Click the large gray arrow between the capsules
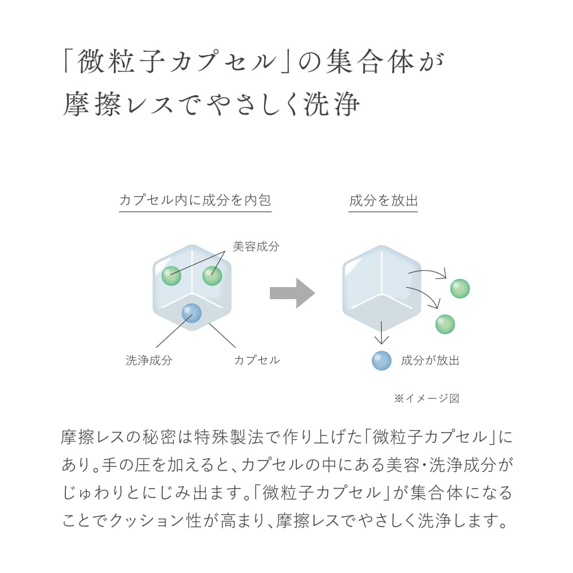point(292,293)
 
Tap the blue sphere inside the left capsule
point(191,313)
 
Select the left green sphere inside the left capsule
point(171,276)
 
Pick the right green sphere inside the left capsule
point(213,276)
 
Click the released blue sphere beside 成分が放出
point(382,360)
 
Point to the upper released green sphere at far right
point(460,289)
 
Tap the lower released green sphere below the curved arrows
point(445,324)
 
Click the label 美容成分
point(256,246)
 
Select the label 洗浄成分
point(149,360)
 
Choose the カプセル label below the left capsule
point(257,360)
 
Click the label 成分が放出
point(430,360)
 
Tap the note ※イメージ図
point(426,398)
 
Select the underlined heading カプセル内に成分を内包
point(195,200)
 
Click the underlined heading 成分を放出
point(383,200)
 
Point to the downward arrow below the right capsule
point(382,332)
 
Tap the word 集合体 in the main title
point(370,62)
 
